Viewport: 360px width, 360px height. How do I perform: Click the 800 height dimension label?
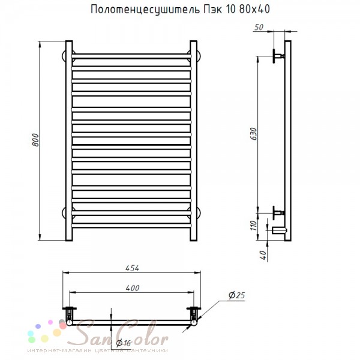tap(35, 140)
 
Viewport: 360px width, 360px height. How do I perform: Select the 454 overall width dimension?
tap(132, 268)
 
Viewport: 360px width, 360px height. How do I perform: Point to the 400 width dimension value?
tap(133, 288)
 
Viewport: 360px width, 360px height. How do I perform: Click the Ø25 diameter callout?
tap(237, 295)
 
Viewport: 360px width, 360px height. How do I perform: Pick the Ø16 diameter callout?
tap(123, 343)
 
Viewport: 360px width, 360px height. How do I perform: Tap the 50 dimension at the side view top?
tap(259, 28)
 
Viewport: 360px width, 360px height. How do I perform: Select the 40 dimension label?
tap(263, 255)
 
